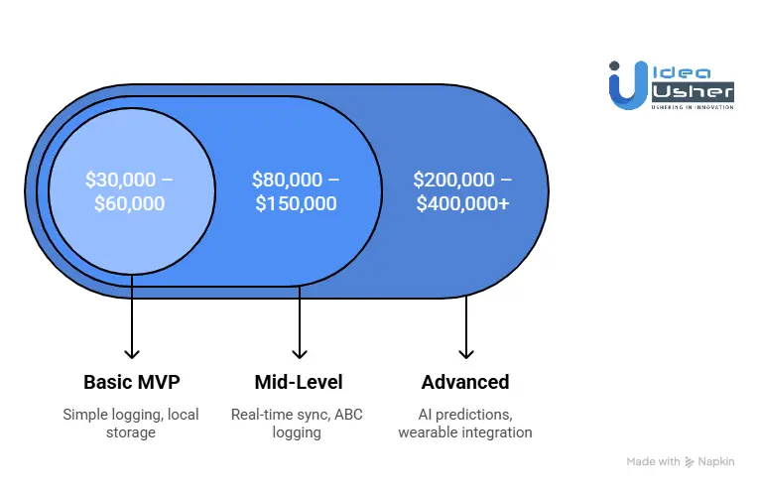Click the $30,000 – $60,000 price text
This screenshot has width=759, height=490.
coord(130,192)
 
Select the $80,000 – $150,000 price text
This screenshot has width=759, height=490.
coord(296,192)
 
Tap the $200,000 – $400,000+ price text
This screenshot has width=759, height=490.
coord(463,192)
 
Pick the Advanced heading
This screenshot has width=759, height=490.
coord(465,382)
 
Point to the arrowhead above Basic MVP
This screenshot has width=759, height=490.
coord(131,352)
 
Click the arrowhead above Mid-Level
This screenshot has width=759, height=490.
coord(299,352)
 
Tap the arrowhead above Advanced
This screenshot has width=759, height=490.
coord(466,352)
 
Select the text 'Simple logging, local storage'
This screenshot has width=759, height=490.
coord(130,423)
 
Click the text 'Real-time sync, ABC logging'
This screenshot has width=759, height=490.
coord(297,423)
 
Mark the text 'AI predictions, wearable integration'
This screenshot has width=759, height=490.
coord(465,423)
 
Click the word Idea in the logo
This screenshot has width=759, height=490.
coord(674,72)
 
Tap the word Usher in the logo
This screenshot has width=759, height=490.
coord(693,91)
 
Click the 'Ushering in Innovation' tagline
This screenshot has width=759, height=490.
coord(693,106)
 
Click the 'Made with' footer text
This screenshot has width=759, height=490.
coord(653,462)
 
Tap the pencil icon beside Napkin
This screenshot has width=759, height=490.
coord(691,462)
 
